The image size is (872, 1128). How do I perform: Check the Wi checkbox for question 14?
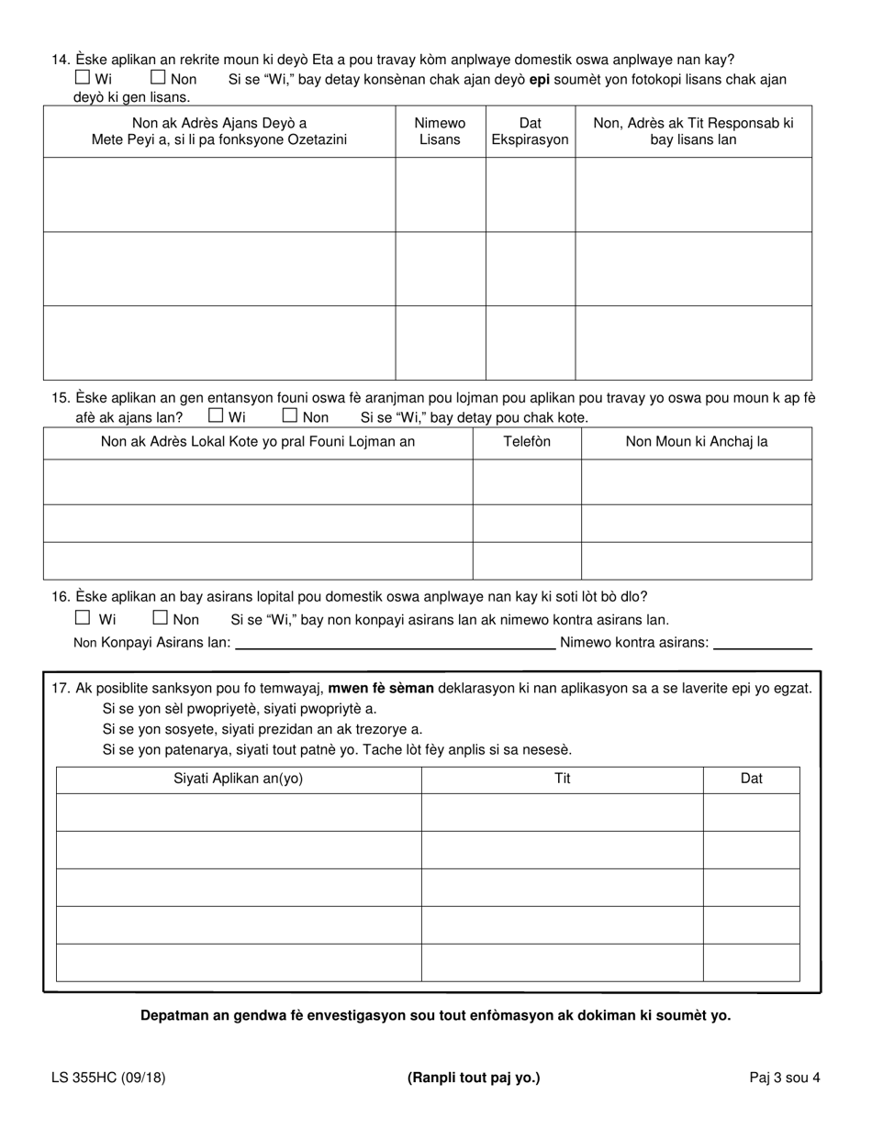83,78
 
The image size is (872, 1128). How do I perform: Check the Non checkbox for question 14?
158,78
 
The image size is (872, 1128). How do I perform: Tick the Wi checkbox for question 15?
217,415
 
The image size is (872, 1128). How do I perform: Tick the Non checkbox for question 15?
290,415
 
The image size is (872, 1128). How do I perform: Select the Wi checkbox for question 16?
83,618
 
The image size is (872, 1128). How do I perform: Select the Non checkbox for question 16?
160,618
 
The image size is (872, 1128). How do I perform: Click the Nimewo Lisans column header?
440,131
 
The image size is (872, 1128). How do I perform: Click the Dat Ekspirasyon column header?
530,131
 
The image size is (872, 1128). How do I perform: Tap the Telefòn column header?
526,442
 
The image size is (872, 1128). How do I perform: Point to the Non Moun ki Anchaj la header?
696,442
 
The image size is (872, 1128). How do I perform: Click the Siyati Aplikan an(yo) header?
238,779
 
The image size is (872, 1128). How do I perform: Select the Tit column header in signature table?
562,779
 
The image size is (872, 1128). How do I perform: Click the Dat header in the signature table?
751,779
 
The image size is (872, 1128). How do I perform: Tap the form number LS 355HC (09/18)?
108,1078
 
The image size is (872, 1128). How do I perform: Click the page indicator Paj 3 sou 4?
784,1078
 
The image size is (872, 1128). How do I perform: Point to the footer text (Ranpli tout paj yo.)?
474,1078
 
